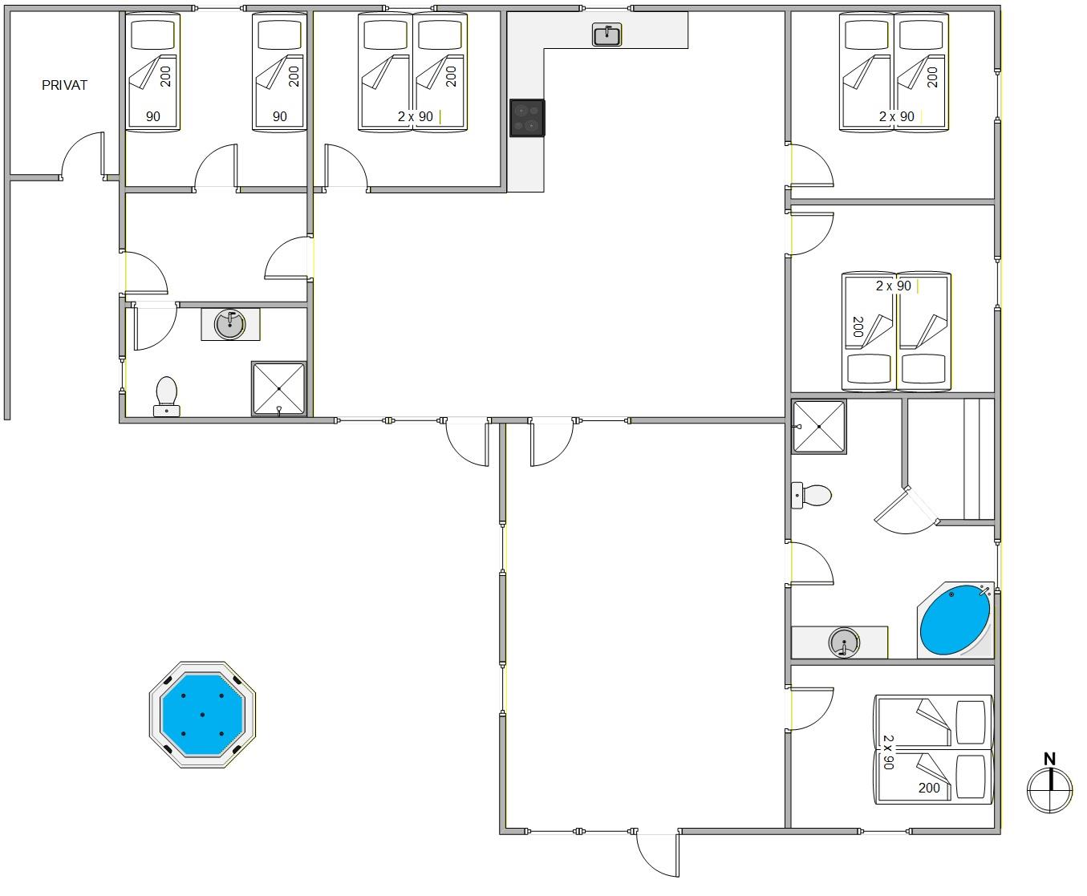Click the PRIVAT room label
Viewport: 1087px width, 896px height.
click(x=64, y=85)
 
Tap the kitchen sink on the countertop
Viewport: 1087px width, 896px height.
click(x=606, y=34)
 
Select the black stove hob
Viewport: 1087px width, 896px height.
click(x=527, y=118)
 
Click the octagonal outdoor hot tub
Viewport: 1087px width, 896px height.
click(x=202, y=714)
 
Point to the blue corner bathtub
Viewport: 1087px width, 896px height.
click(x=955, y=620)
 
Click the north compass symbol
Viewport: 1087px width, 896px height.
click(x=1049, y=790)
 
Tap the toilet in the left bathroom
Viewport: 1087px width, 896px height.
click(x=167, y=397)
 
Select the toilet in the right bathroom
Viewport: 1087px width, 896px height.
click(x=811, y=495)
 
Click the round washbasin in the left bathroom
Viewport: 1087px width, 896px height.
click(x=230, y=324)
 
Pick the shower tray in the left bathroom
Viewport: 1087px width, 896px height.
click(x=279, y=389)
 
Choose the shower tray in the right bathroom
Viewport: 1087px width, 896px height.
click(x=819, y=427)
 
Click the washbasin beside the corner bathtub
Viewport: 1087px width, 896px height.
click(x=844, y=643)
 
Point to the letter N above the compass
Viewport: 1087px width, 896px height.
click(x=1049, y=759)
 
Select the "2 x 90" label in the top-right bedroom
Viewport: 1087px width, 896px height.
click(x=896, y=116)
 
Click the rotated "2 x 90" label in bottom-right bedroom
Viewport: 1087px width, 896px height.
click(x=888, y=752)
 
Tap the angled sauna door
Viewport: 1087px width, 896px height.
click(x=907, y=510)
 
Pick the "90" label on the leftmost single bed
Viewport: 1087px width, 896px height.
click(x=153, y=116)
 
